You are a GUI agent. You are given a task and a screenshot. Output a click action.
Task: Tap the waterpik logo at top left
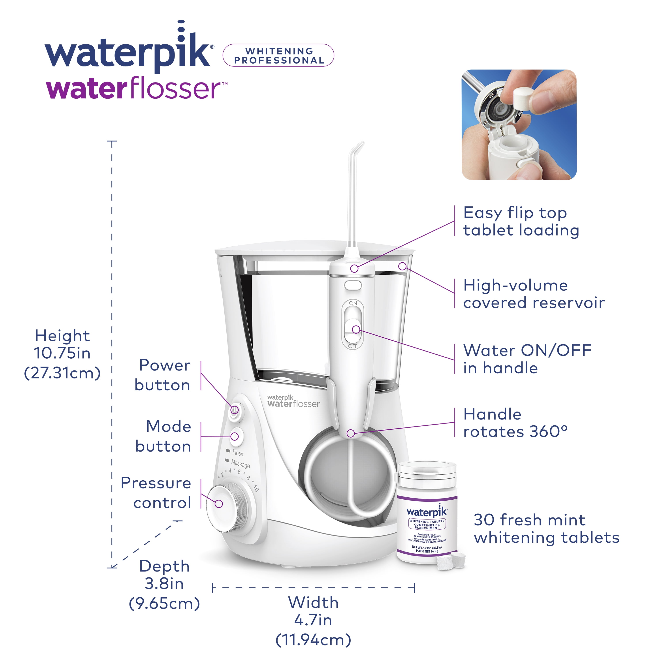128,51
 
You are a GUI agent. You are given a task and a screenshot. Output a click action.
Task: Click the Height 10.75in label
62,354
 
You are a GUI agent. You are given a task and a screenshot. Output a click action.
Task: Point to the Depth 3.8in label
164,585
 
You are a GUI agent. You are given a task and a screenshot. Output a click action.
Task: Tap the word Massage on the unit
241,464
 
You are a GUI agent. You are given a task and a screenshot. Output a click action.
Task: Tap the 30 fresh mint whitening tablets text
546,529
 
